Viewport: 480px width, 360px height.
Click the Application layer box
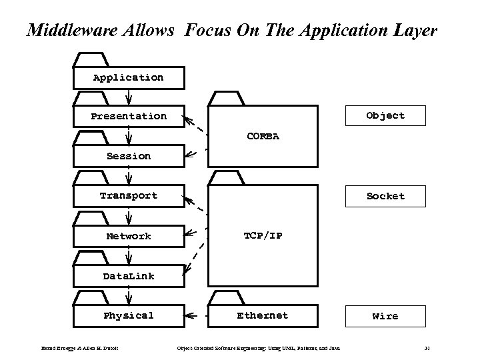point(129,77)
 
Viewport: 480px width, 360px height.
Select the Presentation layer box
point(129,116)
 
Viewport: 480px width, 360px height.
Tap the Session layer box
point(129,156)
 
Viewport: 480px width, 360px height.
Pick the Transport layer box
point(129,196)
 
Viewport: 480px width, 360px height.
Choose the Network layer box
point(129,236)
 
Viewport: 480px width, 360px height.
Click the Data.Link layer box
point(129,276)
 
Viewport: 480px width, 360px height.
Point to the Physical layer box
point(129,316)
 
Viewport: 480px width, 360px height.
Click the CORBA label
point(263,137)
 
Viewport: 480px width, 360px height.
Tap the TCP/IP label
point(263,236)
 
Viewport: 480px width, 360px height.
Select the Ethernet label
point(263,316)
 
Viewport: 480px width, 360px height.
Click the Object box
point(385,116)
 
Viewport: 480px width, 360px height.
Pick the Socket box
point(385,196)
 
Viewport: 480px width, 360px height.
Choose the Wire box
point(385,316)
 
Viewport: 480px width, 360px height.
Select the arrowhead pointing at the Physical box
point(189,316)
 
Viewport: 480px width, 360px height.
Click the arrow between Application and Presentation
point(129,97)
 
